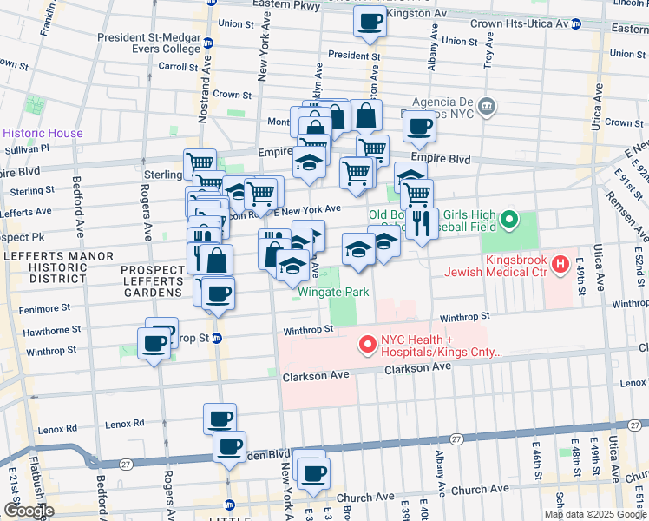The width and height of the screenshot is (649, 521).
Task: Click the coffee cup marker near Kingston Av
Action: tap(370, 22)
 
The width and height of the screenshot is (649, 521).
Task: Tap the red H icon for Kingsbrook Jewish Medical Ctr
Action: tap(561, 263)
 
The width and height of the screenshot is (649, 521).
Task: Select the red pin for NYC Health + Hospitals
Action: tap(366, 346)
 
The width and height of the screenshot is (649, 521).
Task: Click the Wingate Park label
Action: tap(334, 292)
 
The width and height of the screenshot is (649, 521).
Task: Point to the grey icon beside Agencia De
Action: tap(487, 106)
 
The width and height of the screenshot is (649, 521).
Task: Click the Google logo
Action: tap(28, 511)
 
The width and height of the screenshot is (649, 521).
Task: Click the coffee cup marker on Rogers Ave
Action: tap(154, 344)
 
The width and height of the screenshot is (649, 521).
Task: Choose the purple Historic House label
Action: tap(43, 133)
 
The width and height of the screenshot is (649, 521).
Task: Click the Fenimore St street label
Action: tap(42, 308)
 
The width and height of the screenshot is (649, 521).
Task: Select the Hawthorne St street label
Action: tap(52, 331)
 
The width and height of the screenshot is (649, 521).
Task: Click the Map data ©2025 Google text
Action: tap(596, 514)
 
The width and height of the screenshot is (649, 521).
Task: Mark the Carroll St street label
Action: tap(178, 66)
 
